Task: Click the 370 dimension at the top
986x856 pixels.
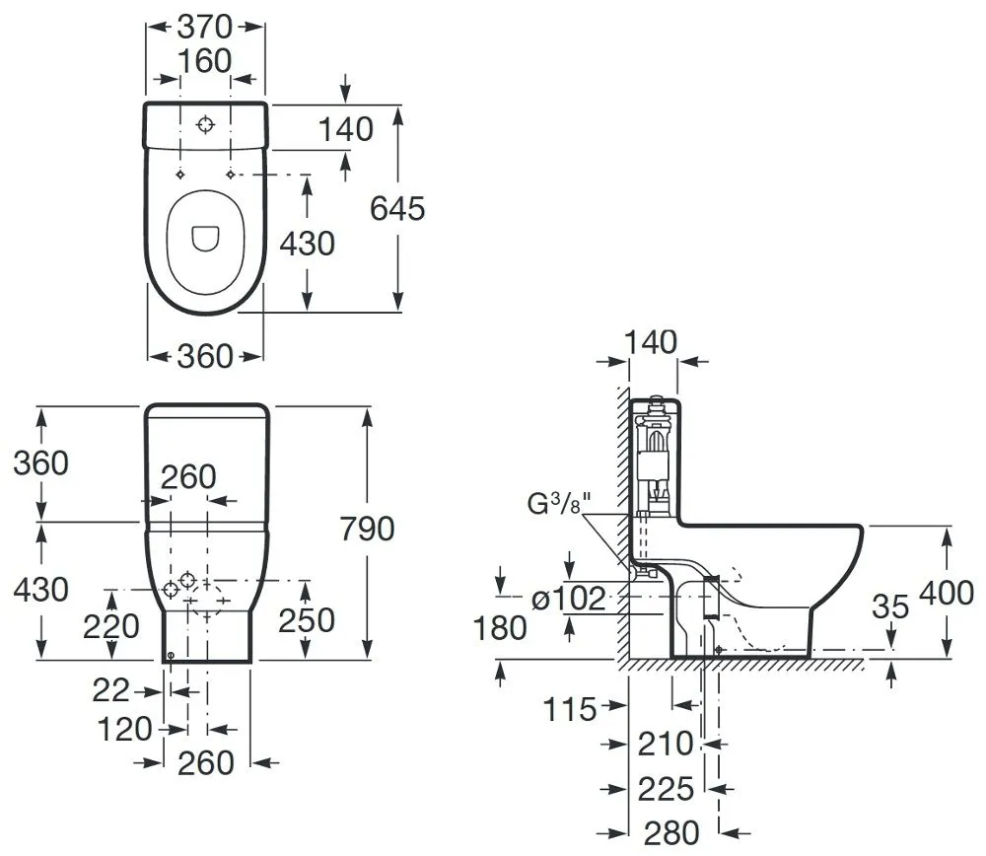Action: coord(205,27)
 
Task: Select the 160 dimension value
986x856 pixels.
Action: coord(205,61)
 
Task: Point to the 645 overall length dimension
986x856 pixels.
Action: coord(397,208)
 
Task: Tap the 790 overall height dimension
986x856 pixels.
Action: coord(367,529)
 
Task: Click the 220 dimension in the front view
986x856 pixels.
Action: coord(111,626)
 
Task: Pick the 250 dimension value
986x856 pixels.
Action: coord(307,620)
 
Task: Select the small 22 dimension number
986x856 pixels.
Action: coord(110,690)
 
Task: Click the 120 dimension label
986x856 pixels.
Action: coord(125,730)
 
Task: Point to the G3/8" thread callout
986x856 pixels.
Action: coord(560,503)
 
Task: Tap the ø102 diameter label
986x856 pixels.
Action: coord(569,599)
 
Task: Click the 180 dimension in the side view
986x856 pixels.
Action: coord(500,627)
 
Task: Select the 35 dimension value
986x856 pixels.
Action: coord(890,606)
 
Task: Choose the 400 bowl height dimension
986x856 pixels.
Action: coord(947,593)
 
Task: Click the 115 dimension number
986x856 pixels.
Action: coord(569,709)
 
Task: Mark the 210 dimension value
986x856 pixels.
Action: coord(666,744)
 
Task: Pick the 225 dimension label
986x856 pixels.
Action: coord(666,789)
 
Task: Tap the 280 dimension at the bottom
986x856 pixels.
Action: coord(671,833)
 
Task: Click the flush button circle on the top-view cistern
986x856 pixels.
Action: coord(205,124)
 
